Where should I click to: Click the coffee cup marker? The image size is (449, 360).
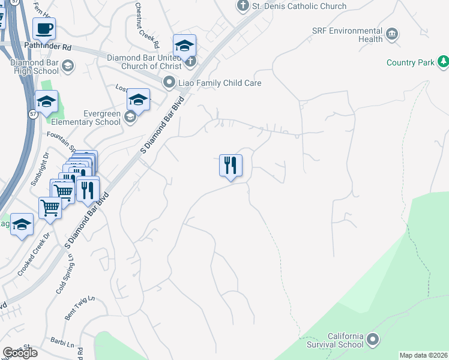click(44, 28)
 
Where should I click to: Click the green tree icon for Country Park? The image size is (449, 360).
click(442, 61)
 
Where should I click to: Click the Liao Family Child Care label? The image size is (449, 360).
click(218, 83)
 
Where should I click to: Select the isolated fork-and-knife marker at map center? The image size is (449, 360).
click(231, 165)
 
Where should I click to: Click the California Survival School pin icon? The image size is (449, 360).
click(373, 340)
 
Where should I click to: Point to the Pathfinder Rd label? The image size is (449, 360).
click(47, 45)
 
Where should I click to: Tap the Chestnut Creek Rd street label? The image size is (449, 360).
click(147, 26)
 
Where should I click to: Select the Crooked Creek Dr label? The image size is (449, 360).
click(31, 258)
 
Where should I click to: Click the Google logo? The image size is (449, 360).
click(20, 353)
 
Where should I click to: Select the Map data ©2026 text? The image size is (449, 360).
click(423, 355)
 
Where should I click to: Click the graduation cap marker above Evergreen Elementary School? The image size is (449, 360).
click(138, 100)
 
